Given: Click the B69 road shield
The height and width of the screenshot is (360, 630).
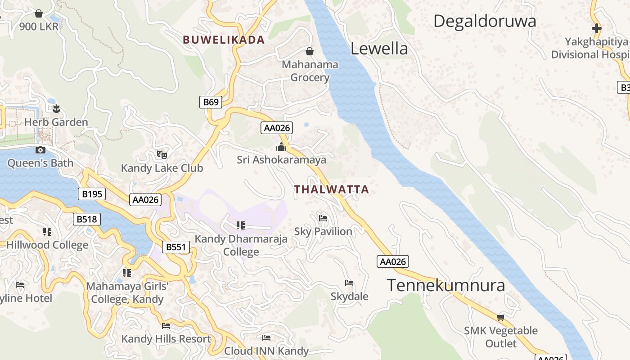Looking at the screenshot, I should [211, 102].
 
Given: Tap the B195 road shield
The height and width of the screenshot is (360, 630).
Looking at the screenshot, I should [92, 194].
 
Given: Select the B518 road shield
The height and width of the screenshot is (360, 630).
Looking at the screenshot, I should [86, 219].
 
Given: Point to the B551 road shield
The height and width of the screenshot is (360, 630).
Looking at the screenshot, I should [175, 247].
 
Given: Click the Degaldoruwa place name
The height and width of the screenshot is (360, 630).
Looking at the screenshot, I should [485, 21].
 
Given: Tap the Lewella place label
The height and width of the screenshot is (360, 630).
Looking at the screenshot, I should [379, 49].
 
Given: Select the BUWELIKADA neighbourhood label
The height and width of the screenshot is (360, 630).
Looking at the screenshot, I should [224, 40].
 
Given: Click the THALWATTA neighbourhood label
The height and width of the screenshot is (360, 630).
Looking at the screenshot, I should [331, 189].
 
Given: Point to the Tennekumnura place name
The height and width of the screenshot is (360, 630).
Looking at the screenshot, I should [445, 285].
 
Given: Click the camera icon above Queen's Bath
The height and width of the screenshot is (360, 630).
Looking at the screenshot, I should [40, 150].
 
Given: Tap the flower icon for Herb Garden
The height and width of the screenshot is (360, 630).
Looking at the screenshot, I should [56, 108].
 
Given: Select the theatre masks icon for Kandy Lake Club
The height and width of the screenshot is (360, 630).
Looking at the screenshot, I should [162, 155].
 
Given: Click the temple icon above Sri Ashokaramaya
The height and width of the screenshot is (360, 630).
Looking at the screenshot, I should [281, 147].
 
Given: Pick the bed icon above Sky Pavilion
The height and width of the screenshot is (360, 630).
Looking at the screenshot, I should [323, 218].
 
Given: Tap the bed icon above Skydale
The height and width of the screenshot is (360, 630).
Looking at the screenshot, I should [349, 283].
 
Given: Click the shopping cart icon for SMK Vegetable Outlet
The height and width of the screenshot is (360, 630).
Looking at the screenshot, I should [500, 317].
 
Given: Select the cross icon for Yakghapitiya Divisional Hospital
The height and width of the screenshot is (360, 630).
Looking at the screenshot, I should [596, 28].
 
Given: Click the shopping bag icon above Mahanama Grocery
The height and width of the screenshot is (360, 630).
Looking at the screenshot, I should [310, 51].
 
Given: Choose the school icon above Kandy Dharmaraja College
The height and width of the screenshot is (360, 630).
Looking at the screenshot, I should [241, 225].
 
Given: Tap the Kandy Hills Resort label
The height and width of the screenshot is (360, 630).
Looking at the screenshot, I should [166, 339].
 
